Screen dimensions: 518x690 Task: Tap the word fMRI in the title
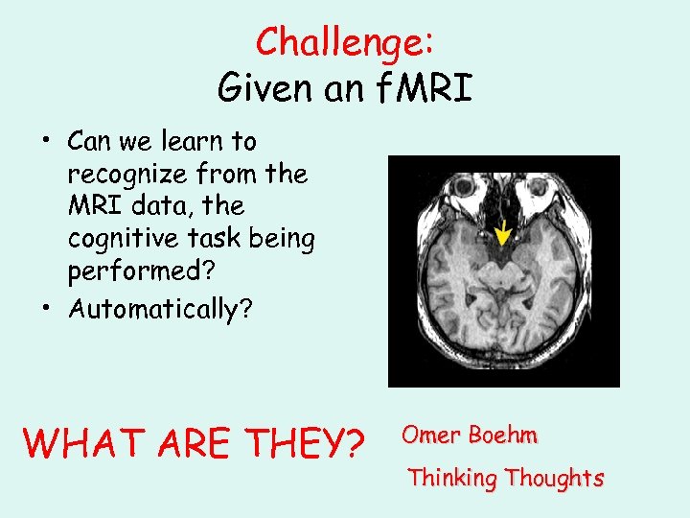click(423, 88)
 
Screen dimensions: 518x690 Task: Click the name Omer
click(432, 435)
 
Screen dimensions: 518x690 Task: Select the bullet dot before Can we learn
click(46, 142)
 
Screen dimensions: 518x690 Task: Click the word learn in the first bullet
click(195, 142)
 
